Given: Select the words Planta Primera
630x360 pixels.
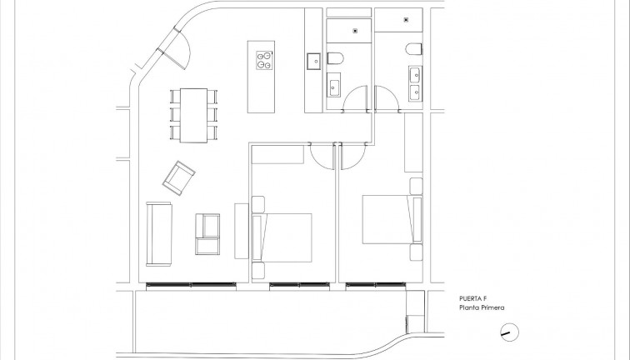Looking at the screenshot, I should click(481, 307).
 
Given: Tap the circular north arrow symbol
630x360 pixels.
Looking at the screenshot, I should click(507, 332).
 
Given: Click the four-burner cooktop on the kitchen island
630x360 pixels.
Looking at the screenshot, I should click(264, 59).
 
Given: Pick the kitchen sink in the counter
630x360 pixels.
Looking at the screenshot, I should click(314, 61).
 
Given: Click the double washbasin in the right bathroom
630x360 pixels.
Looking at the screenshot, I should click(414, 83).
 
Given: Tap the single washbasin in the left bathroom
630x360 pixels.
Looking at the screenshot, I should click(334, 86).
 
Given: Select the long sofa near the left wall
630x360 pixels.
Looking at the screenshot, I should click(158, 231).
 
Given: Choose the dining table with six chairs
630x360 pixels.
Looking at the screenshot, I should click(193, 114).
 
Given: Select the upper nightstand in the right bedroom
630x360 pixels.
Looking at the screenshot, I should click(416, 184).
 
